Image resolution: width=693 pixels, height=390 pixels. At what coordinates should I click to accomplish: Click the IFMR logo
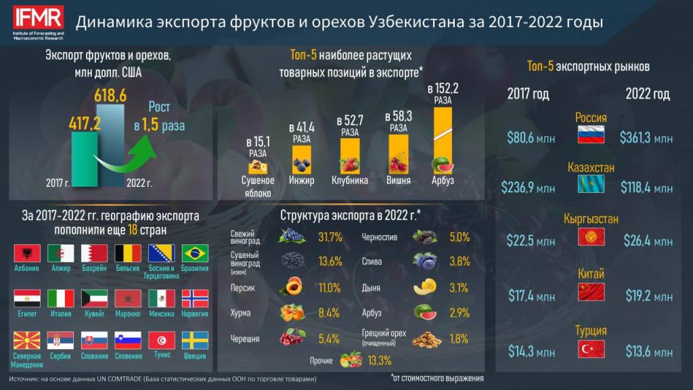tap(37, 20)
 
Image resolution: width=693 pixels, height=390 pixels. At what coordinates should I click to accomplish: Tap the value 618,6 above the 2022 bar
tap(110, 96)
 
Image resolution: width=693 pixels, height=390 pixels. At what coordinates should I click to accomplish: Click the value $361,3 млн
tap(646, 138)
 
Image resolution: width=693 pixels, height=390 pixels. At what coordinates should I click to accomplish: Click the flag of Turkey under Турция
tap(590, 349)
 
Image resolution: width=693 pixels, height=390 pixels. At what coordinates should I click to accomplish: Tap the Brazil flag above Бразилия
tap(195, 253)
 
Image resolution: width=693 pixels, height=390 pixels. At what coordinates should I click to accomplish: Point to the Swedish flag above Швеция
tap(195, 340)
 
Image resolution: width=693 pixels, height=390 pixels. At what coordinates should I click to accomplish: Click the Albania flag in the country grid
tap(26, 253)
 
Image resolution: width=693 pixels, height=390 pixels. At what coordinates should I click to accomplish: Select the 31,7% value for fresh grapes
tap(330, 236)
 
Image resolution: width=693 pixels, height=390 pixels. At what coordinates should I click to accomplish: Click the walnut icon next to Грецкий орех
tap(426, 338)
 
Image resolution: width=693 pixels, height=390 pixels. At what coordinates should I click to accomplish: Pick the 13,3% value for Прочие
tap(379, 360)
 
